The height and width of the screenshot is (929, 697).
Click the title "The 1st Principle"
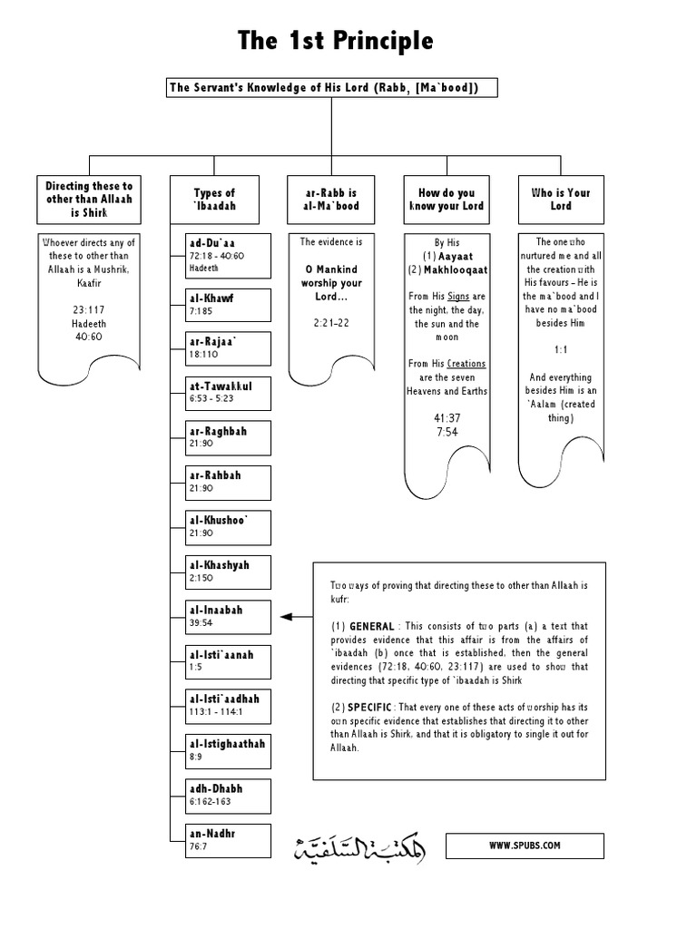[336, 41]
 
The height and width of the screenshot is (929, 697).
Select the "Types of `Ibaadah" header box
[213, 200]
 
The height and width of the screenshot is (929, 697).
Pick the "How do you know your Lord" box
[447, 200]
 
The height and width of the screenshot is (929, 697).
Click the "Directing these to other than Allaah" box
[89, 200]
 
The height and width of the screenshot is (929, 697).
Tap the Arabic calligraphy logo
[359, 847]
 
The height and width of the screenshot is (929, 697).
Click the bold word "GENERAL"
[370, 627]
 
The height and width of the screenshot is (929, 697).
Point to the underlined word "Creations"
[466, 364]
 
